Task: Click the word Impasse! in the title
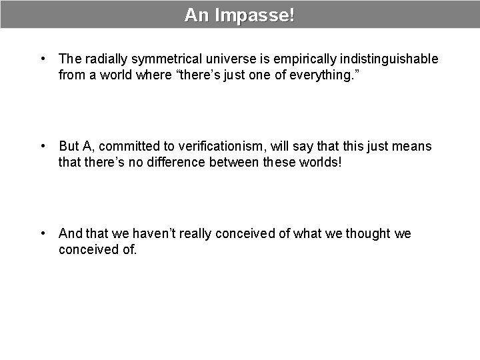pos(254,15)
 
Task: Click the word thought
pos(366,233)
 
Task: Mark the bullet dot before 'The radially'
pos(43,59)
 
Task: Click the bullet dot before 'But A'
pos(43,146)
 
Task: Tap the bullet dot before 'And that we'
pos(43,233)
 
